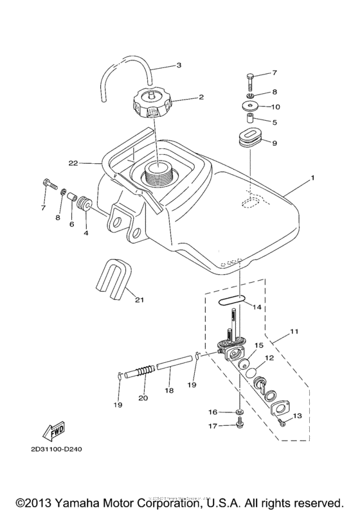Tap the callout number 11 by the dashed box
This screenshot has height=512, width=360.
pyautogui.click(x=294, y=332)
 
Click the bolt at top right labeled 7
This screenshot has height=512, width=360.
pyautogui.click(x=249, y=80)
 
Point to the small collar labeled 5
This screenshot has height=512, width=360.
pyautogui.click(x=247, y=119)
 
